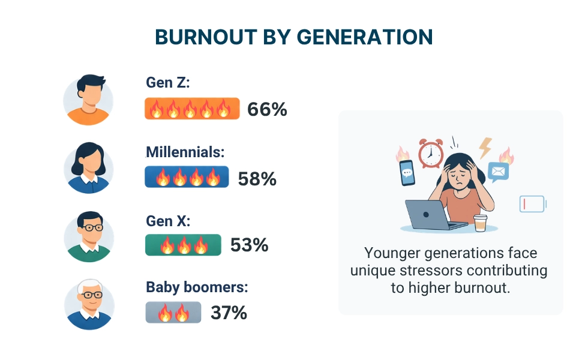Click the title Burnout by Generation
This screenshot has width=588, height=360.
tap(293, 37)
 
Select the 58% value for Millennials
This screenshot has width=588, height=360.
tap(257, 178)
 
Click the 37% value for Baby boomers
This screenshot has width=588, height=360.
tap(229, 313)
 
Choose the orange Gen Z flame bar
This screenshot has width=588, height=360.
tap(192, 109)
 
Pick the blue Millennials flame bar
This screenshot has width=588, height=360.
tap(187, 177)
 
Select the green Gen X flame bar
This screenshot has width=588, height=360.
tap(183, 245)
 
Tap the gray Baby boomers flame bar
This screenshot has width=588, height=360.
tap(173, 313)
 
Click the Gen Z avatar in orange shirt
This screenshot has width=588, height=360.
tap(88, 100)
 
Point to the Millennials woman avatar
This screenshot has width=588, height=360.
tap(88, 168)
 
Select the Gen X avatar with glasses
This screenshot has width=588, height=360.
tap(88, 236)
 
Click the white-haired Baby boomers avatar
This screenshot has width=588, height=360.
tap(88, 304)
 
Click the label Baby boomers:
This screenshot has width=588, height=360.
tap(197, 287)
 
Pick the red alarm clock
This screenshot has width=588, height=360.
tap(430, 153)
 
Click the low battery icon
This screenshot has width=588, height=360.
tap(532, 204)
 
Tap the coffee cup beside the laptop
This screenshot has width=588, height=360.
tap(480, 223)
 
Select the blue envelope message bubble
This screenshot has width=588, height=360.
tap(498, 172)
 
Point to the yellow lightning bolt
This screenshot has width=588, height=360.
tap(485, 147)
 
